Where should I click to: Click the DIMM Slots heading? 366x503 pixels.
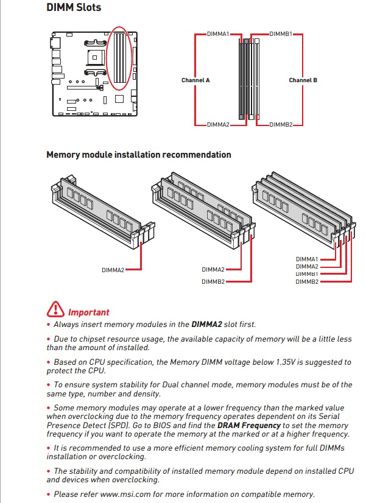click(x=74, y=8)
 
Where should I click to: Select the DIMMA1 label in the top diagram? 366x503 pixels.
click(x=218, y=34)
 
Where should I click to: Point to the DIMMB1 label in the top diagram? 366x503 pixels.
click(x=281, y=34)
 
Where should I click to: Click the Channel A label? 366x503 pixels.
click(x=195, y=80)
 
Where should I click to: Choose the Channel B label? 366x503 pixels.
click(x=303, y=80)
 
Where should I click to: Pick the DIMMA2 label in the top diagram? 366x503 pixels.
click(x=218, y=124)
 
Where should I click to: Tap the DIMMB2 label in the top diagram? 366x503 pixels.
click(x=281, y=124)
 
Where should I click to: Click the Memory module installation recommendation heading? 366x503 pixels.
click(x=139, y=155)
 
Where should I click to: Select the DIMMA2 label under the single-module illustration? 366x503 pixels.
click(x=113, y=269)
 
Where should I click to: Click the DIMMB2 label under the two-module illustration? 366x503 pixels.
click(x=213, y=281)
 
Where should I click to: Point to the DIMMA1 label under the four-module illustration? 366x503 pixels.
click(x=307, y=259)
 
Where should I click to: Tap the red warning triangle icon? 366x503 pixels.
click(x=55, y=309)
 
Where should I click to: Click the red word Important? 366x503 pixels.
click(x=89, y=312)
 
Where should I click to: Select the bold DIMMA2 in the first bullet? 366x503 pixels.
click(x=206, y=324)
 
